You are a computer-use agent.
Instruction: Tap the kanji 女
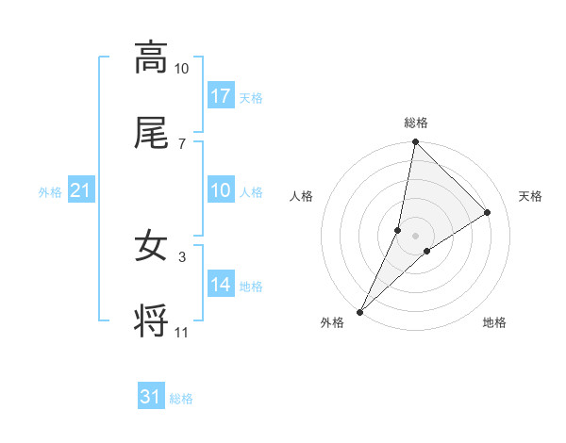[151, 247]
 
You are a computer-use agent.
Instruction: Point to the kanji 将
[151, 323]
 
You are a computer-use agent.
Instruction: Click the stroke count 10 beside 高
[181, 69]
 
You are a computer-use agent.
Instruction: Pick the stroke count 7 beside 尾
[181, 143]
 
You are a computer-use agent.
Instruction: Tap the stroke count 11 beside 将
[181, 333]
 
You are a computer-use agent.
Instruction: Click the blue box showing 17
[221, 96]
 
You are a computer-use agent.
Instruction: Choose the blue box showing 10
[221, 191]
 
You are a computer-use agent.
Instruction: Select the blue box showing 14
[221, 286]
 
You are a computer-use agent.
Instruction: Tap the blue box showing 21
[80, 191]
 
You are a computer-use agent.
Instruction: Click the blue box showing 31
[151, 397]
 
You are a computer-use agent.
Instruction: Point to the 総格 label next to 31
[181, 399]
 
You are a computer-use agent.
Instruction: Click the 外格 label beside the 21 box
[50, 192]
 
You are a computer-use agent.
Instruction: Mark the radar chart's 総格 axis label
[416, 123]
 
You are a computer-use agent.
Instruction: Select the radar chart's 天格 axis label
[530, 196]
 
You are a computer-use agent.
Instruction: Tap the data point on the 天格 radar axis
[488, 213]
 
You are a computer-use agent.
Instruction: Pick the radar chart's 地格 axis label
[494, 323]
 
